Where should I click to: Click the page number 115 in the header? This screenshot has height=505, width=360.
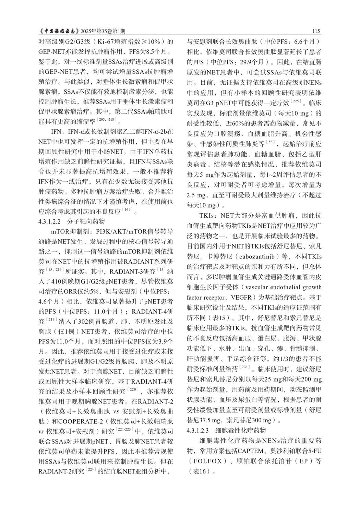click(316, 32)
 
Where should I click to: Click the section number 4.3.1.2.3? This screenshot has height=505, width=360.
click(203, 430)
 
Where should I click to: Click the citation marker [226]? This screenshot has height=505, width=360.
click(243, 368)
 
